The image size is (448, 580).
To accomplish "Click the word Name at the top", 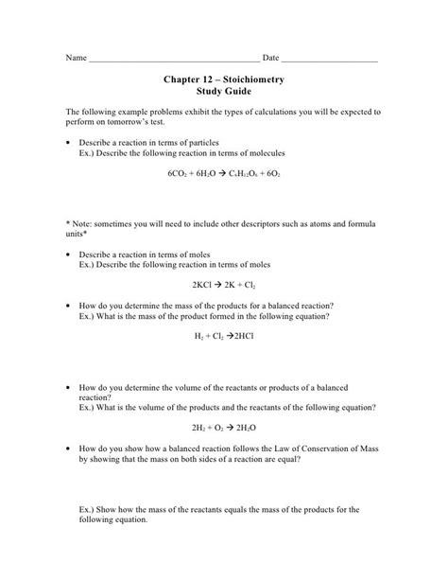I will [x=75, y=59].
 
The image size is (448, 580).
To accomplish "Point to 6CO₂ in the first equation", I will [x=178, y=175].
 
